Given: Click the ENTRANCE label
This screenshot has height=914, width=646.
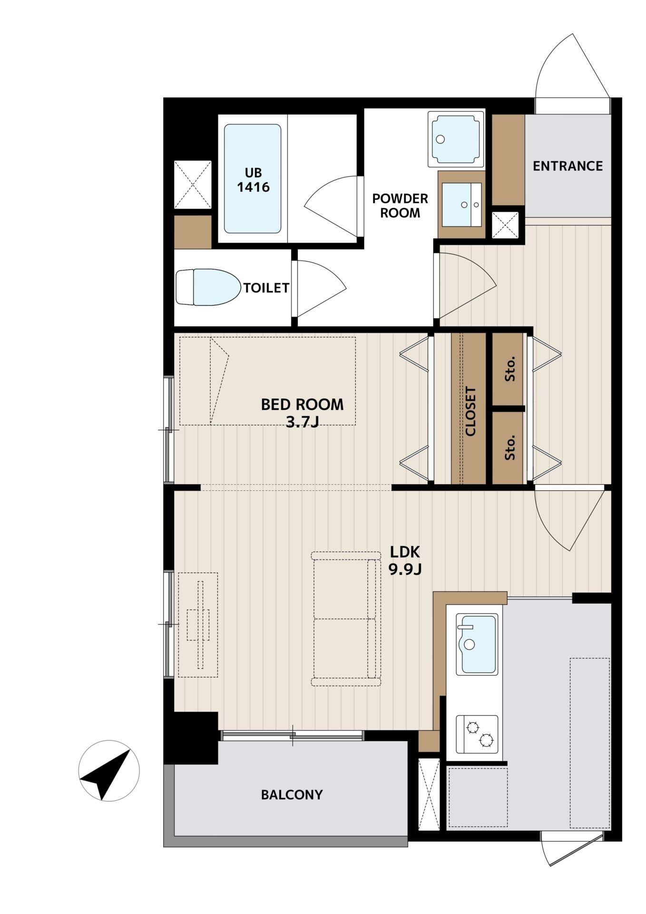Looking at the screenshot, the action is (568, 166).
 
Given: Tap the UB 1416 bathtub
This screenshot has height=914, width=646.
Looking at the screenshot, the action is (253, 179).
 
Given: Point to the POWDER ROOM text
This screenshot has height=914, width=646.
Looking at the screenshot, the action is (400, 206).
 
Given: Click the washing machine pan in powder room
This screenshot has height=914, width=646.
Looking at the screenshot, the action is (456, 139).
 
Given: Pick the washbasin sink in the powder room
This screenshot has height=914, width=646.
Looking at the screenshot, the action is (461, 205).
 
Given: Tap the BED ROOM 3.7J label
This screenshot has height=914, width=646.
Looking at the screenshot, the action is (302, 412).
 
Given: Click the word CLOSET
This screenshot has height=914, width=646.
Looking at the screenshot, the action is (470, 411).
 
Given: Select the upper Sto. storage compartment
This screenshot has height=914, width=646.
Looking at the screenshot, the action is (508, 369).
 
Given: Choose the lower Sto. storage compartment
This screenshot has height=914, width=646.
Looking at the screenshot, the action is (508, 448).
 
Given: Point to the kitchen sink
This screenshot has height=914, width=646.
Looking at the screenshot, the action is (477, 644).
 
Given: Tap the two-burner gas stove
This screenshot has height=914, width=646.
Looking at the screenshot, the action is (477, 734).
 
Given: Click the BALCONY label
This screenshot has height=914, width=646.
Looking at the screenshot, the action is (292, 795).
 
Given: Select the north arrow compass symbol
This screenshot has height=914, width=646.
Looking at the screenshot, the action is (109, 771).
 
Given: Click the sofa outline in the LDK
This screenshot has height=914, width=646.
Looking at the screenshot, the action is (346, 619).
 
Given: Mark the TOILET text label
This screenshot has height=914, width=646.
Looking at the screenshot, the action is (266, 288).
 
